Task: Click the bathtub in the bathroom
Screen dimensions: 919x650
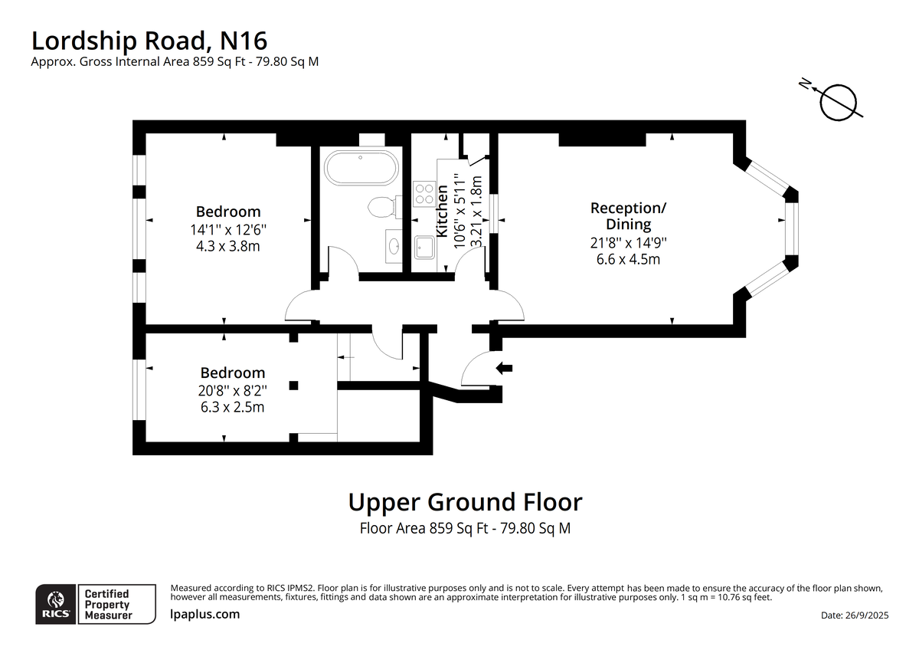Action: [x=361, y=168]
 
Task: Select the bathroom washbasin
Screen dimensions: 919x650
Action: [x=394, y=246]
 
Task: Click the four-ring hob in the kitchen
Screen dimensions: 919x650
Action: [x=424, y=194]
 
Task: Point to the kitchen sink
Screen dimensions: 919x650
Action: [x=424, y=247]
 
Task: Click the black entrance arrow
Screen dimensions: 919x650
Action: [x=504, y=369]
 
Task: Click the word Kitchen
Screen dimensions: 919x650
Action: [x=441, y=211]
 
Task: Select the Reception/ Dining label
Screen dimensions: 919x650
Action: [x=628, y=216]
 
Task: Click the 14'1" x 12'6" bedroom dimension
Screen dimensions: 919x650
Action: [x=228, y=229]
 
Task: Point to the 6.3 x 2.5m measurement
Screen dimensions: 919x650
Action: [x=232, y=407]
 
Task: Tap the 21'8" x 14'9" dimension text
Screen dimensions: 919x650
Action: [x=628, y=243]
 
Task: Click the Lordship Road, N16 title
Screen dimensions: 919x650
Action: [x=149, y=41]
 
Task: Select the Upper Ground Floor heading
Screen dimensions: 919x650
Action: [x=466, y=502]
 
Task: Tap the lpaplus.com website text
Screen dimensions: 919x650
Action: [x=204, y=614]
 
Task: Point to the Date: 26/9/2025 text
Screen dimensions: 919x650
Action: [x=855, y=615]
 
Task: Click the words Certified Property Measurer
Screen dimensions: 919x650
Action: [x=108, y=605]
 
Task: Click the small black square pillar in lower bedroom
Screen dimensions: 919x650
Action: [x=294, y=386]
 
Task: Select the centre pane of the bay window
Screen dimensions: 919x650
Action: [x=792, y=228]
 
